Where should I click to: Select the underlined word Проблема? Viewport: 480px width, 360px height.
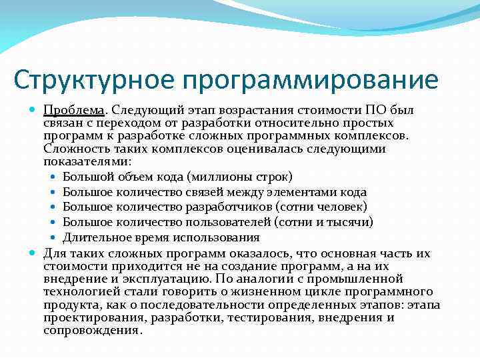(x=74, y=110)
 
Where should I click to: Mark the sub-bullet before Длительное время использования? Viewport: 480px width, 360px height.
(x=53, y=238)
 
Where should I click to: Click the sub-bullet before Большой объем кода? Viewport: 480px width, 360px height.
(x=53, y=177)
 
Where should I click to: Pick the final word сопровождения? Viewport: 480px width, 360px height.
(x=92, y=331)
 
